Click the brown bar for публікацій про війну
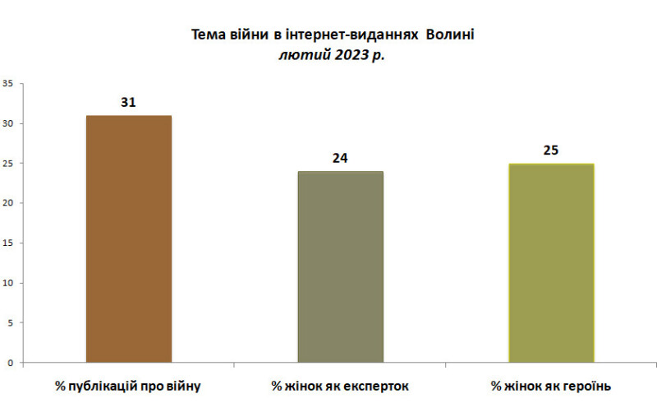coord(129,239)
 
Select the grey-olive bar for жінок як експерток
coord(340,266)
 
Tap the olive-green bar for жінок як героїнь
coord(551,262)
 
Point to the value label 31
coord(128,103)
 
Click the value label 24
coord(340,158)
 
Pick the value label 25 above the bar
coord(551,151)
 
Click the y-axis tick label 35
coord(7,83)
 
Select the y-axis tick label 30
coord(7,123)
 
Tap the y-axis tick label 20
coord(7,203)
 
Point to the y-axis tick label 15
coord(7,243)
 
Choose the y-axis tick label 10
coord(7,283)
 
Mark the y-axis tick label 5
coord(10,322)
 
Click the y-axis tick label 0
coord(10,363)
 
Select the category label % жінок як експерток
coord(340,385)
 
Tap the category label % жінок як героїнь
coord(551,385)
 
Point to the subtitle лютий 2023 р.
coord(332,55)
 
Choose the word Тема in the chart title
coord(208,35)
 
